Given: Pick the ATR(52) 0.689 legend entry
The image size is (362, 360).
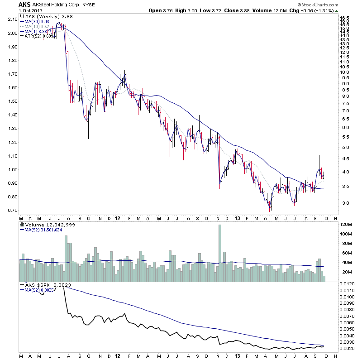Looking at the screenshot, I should point(38,36).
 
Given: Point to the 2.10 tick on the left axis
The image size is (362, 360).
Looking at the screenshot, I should point(12,19).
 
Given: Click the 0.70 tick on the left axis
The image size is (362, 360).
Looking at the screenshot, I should point(12,211).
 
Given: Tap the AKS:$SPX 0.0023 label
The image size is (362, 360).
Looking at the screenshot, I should point(43,285).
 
